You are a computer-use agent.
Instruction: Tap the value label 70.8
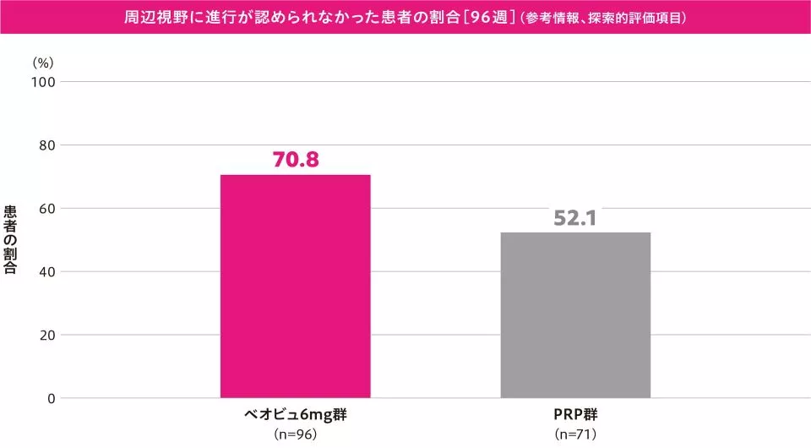click(x=295, y=159)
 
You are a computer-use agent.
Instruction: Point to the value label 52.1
click(x=575, y=217)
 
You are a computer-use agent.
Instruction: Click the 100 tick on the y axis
click(x=44, y=82)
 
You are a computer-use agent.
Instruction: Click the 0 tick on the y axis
click(x=51, y=398)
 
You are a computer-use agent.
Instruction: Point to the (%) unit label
click(x=43, y=63)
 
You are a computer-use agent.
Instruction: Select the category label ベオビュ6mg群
click(x=295, y=416)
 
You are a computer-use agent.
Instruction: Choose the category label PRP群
click(x=575, y=416)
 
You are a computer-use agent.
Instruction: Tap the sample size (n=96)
click(x=295, y=434)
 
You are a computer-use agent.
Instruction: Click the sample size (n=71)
click(x=575, y=434)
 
